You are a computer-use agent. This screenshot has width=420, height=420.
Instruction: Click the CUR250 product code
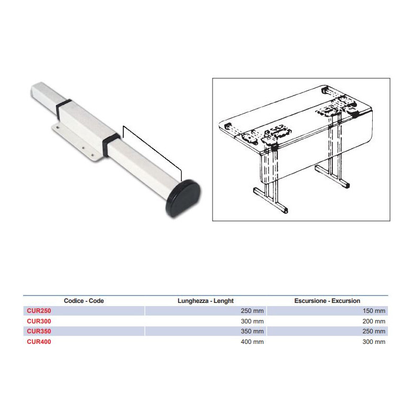39,311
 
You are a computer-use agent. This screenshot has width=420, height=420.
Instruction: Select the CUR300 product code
39,321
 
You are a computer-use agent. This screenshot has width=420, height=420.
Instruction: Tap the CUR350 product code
39,331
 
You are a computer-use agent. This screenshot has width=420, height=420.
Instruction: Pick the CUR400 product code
39,342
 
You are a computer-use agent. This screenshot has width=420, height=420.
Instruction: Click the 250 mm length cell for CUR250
252,311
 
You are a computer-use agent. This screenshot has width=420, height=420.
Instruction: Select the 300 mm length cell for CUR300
252,321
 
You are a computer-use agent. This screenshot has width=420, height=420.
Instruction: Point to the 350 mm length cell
252,331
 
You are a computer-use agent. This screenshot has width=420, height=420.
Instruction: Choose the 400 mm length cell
252,342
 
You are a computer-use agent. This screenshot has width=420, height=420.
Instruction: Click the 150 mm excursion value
374,311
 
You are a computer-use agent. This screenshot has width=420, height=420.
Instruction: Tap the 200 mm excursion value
374,321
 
